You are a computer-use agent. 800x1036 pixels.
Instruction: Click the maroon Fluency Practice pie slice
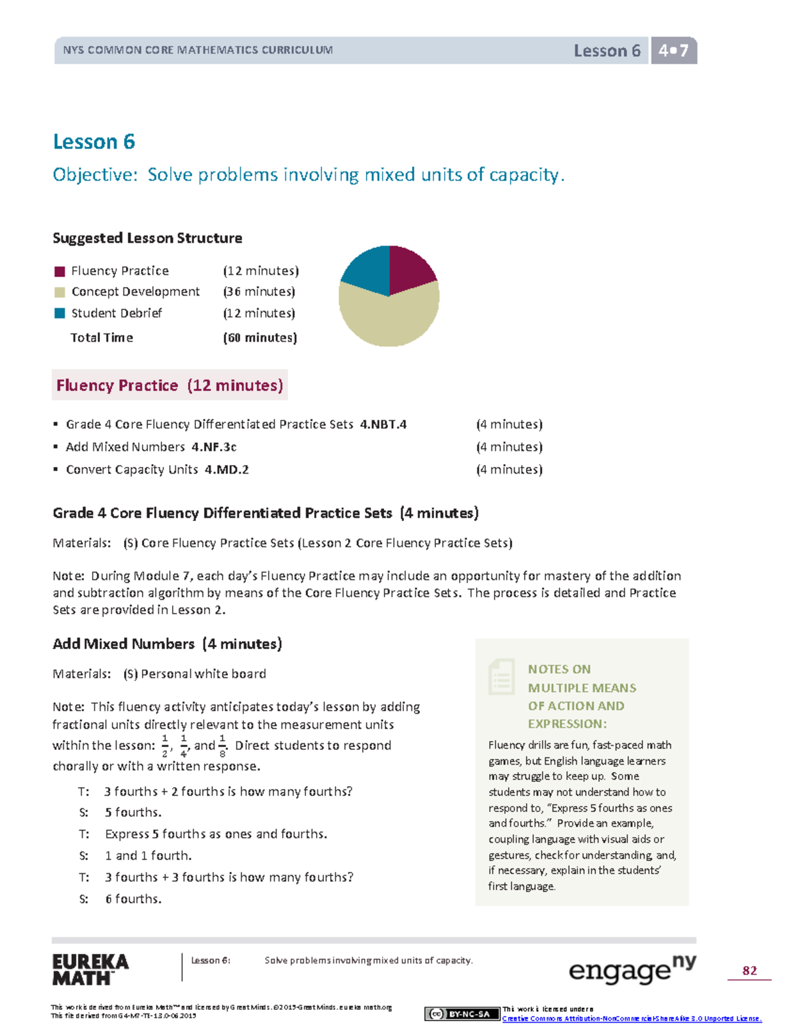pos(408,268)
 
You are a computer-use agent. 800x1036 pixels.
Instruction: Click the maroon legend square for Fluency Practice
pos(60,271)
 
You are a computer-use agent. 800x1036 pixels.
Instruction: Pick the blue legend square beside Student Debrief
pos(60,313)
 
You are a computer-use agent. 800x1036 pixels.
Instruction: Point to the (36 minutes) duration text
pos(259,292)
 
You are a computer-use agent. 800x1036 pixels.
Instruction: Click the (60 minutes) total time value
pos(260,338)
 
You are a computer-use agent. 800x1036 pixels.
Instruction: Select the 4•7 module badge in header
pos(673,51)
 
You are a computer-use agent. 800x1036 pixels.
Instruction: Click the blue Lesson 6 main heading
pos(94,141)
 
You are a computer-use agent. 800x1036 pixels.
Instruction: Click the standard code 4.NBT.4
pos(383,424)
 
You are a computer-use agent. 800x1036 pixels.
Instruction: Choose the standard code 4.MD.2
pos(227,470)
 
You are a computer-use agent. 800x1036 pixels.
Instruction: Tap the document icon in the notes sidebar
pos(501,676)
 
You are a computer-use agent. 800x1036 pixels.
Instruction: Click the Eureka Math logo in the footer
pos(90,970)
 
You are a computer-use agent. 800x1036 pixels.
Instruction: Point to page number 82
pos(749,971)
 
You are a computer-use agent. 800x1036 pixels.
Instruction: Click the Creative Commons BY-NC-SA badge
pos(462,1014)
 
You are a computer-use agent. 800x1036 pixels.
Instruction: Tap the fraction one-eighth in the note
pos(223,746)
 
